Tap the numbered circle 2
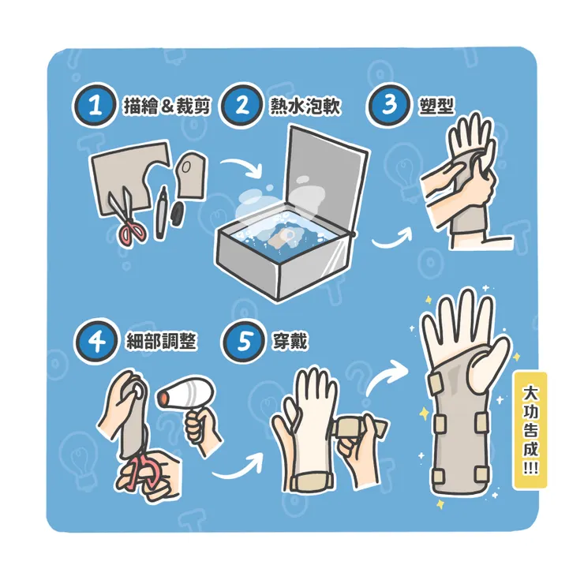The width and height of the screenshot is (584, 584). [x=241, y=106]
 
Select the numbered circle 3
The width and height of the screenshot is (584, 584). [x=388, y=104]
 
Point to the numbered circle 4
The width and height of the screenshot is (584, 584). [x=98, y=341]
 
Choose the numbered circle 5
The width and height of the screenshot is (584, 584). [x=244, y=341]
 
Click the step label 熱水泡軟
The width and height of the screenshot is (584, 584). [x=305, y=107]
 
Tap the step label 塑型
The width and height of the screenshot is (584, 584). [x=436, y=106]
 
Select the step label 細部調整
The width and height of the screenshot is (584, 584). [x=161, y=341]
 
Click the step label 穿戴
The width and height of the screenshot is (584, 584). [x=290, y=341]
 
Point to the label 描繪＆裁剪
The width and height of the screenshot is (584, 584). [x=167, y=107]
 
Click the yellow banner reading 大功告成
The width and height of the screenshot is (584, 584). [x=530, y=430]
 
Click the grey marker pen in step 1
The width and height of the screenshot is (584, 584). [x=161, y=213]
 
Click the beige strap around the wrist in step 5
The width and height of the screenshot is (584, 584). [x=312, y=481]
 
